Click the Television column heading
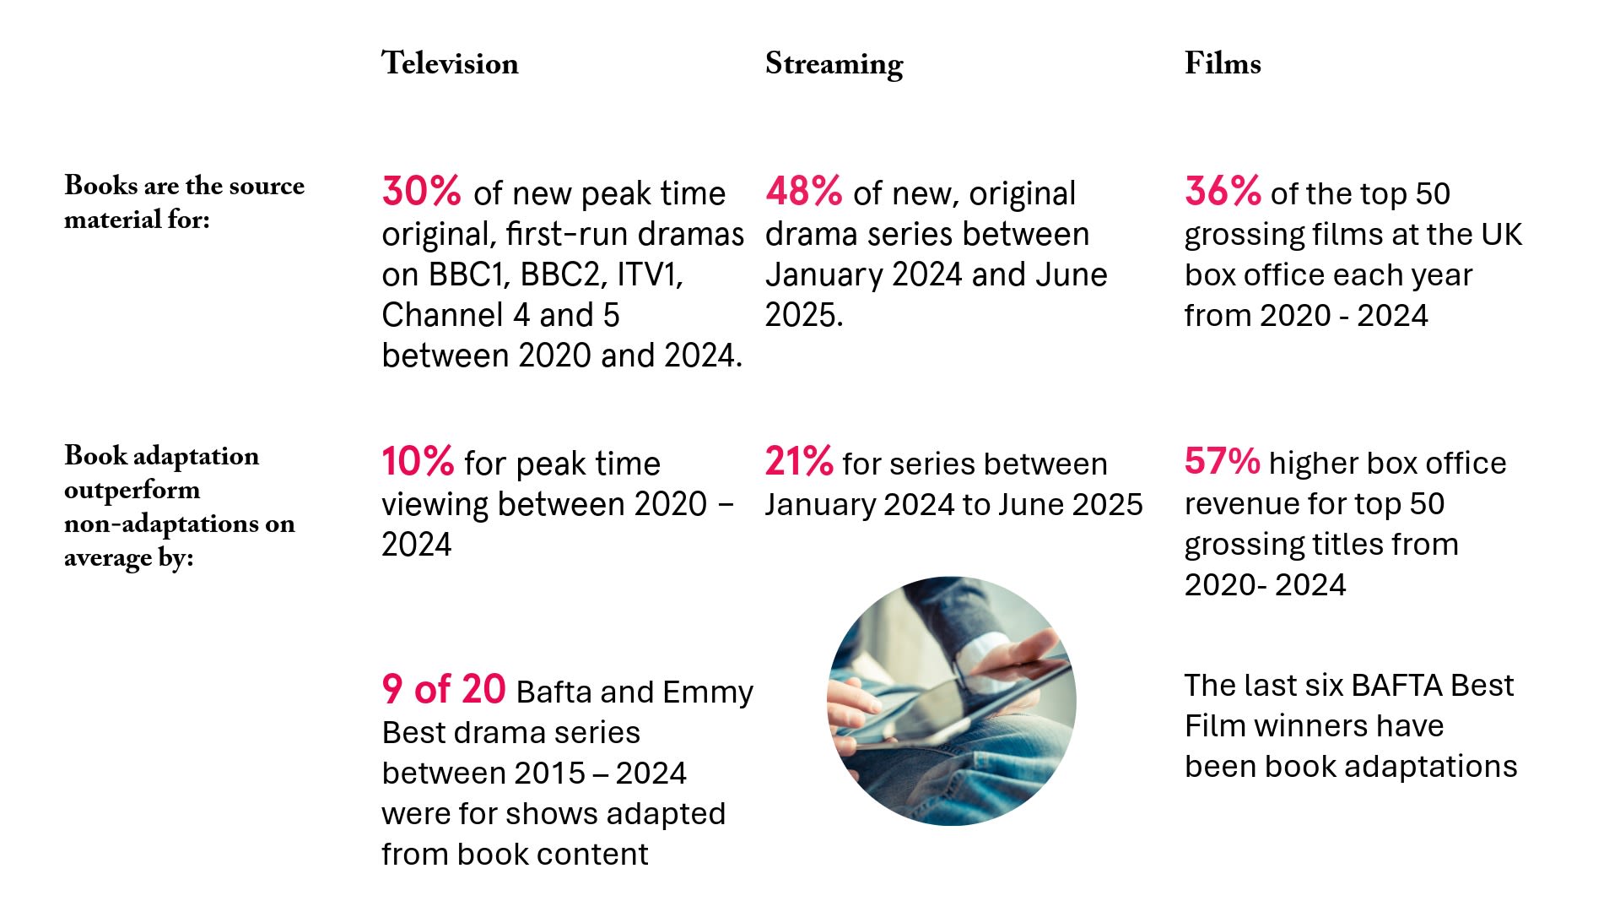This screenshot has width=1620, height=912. click(450, 64)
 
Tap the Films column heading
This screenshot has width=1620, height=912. click(1223, 64)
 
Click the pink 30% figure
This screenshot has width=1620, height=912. click(421, 192)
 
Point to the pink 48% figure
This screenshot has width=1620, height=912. click(803, 192)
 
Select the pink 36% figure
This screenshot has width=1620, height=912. click(1223, 192)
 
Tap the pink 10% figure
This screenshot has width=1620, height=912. click(418, 462)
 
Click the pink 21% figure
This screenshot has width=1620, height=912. click(798, 462)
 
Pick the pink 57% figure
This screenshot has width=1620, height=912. click(1222, 462)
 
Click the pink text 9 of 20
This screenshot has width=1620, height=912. click(443, 690)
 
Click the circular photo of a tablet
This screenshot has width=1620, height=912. click(951, 701)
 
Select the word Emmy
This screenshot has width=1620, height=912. click(708, 692)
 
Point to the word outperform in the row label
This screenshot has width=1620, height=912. click(132, 491)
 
